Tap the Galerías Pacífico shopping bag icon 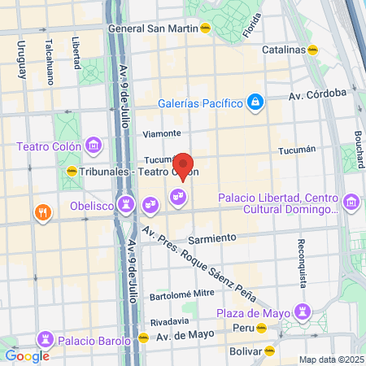click(x=255, y=102)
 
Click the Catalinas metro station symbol click(x=312, y=49)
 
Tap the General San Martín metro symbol click(x=205, y=28)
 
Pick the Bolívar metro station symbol click(x=270, y=351)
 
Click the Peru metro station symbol click(x=262, y=329)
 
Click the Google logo click(x=27, y=355)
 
